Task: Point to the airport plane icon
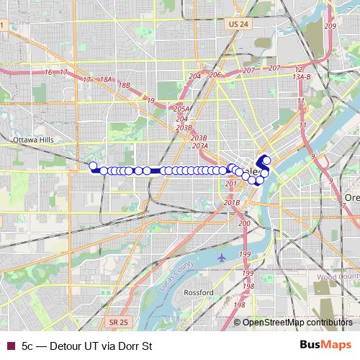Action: [x=221, y=257]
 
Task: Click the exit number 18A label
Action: [x=106, y=79]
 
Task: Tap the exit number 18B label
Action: [x=125, y=85]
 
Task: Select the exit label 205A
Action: [x=181, y=109]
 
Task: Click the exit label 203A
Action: [x=199, y=145]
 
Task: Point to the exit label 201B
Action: [x=232, y=202]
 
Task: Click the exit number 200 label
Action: [x=244, y=224]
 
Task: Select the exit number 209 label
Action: [x=330, y=26]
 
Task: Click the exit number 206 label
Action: [x=215, y=75]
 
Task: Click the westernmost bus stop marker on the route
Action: [x=92, y=166]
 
